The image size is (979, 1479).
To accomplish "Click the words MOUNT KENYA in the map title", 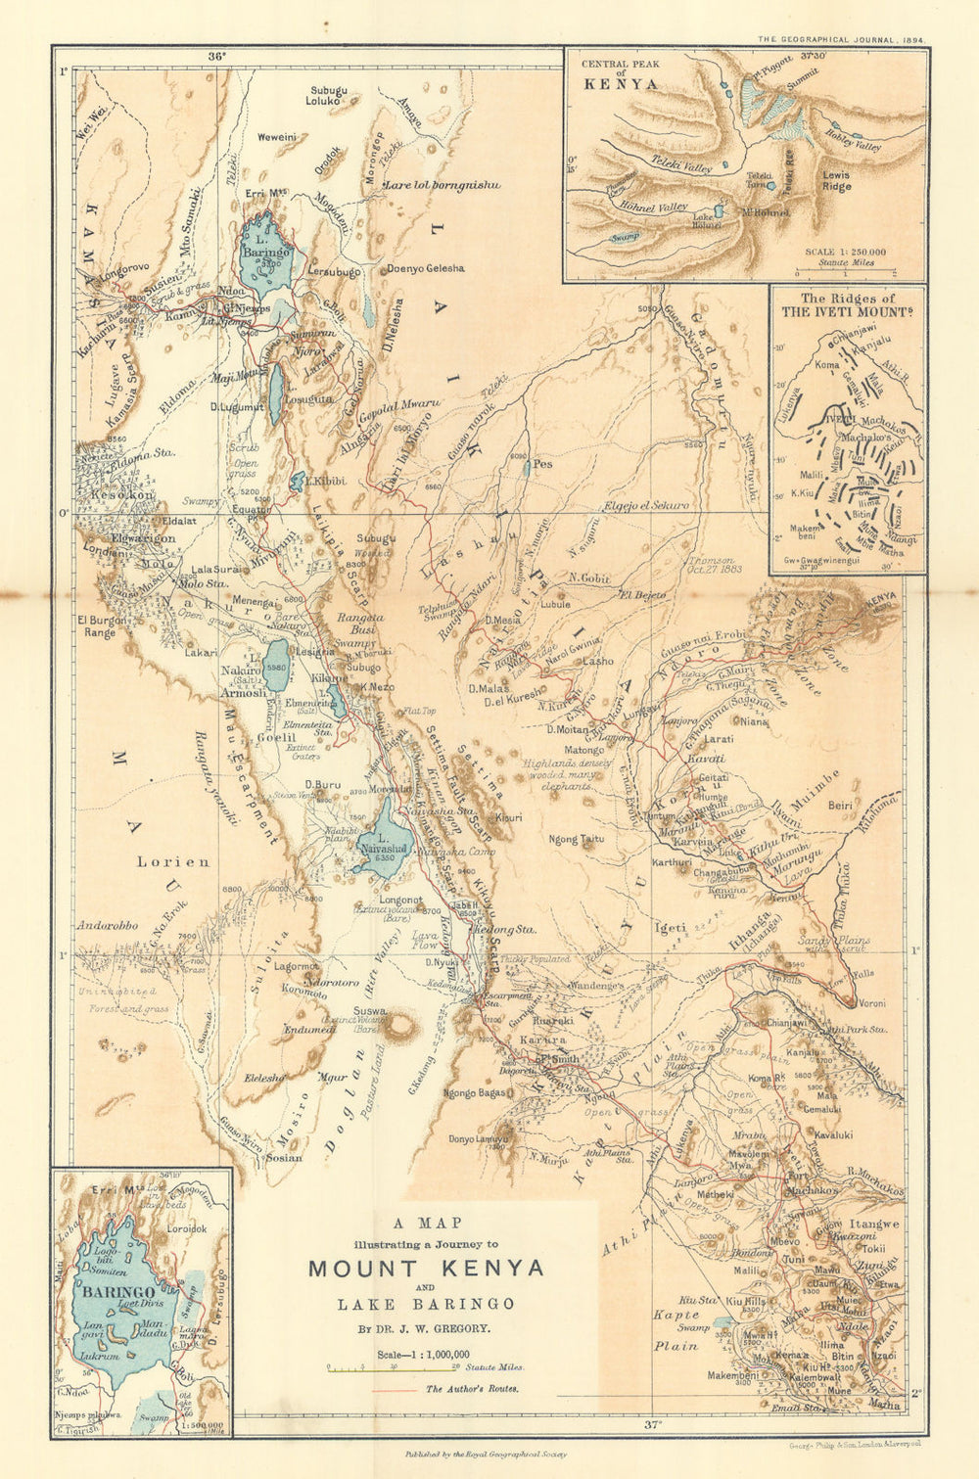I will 425,1269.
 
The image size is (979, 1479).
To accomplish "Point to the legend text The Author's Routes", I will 472,1388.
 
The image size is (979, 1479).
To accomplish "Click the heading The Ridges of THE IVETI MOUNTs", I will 847,305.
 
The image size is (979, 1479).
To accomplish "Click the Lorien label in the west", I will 172,862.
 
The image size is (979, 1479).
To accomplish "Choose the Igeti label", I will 671,924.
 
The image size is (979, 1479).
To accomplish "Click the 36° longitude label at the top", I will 216,56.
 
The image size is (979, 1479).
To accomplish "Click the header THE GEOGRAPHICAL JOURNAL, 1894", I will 842,40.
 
